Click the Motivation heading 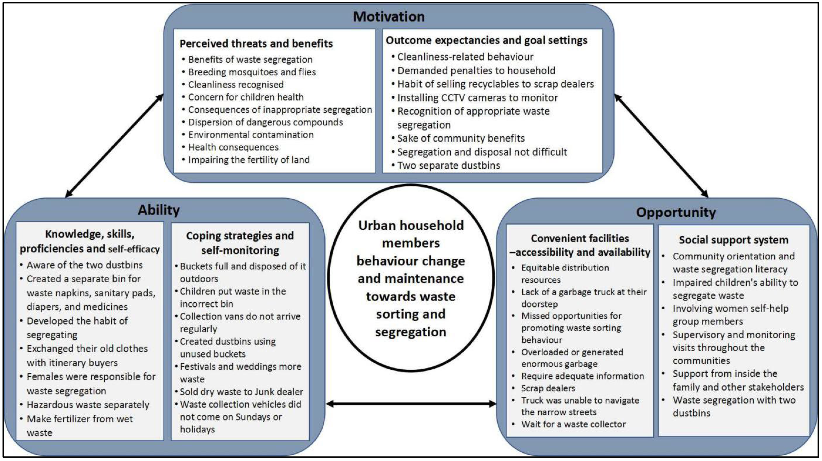[x=389, y=17]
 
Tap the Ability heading [x=159, y=210]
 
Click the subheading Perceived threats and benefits [x=256, y=43]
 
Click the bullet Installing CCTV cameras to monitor [x=477, y=98]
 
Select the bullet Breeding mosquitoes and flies [x=252, y=72]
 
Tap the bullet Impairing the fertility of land [x=249, y=160]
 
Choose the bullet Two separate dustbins [x=448, y=165]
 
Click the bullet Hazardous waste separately [x=88, y=405]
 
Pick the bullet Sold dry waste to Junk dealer [x=241, y=392]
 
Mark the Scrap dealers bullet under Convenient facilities [x=548, y=388]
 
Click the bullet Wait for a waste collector [x=573, y=424]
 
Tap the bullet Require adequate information [x=582, y=376]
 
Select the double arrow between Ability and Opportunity [x=411, y=404]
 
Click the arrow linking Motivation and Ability [x=114, y=146]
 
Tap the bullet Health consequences [x=233, y=147]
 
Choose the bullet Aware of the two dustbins [x=85, y=265]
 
